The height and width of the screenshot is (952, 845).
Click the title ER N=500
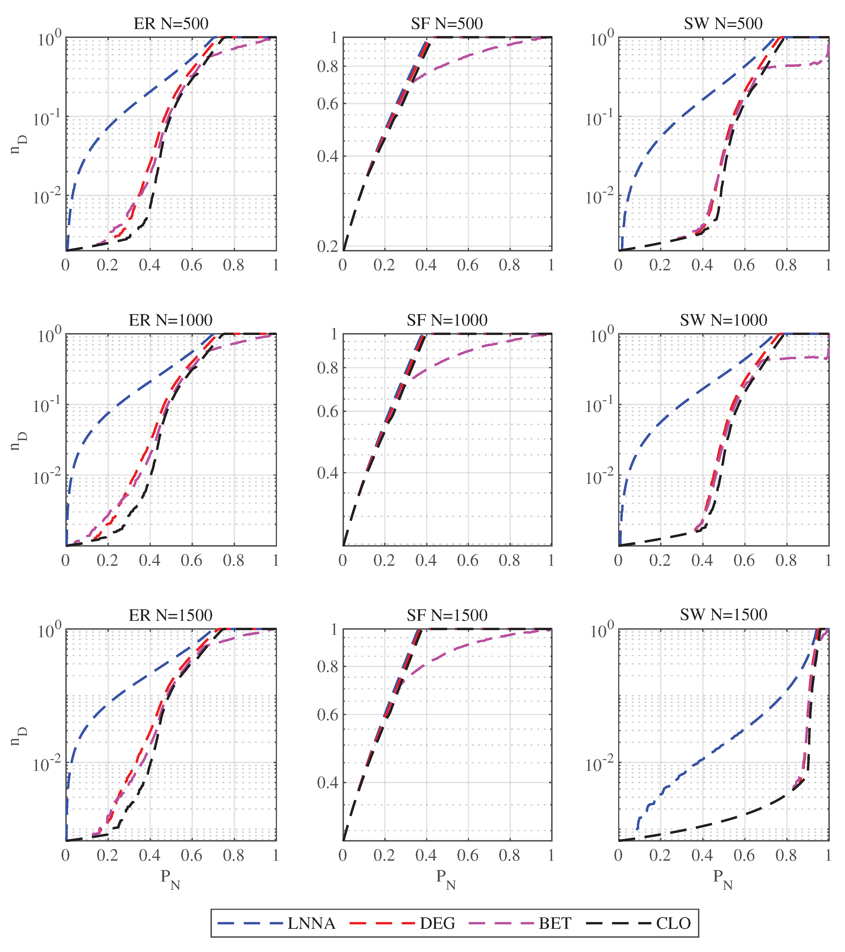pos(171,23)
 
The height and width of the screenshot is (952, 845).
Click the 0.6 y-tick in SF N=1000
pos(328,412)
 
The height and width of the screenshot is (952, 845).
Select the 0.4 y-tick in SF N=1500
pos(328,783)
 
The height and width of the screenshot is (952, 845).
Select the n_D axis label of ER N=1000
pos(20,440)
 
